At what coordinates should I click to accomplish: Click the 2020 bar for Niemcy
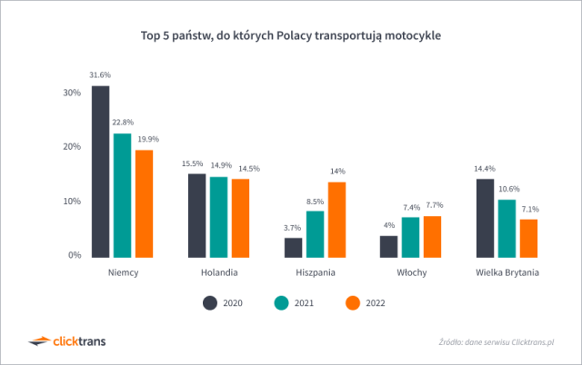pos(100,171)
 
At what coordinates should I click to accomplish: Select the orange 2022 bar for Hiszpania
pos(336,219)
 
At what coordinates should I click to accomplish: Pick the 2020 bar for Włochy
pos(388,245)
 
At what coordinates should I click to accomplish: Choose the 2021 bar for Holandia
pos(218,216)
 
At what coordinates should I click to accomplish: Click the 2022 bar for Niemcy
pos(144,202)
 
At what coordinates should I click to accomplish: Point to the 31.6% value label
pos(100,74)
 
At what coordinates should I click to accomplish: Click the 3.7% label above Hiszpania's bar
pos(293,227)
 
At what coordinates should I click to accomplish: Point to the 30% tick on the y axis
pos(72,93)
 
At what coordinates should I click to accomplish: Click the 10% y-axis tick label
pos(72,202)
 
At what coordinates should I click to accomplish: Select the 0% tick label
pos(75,255)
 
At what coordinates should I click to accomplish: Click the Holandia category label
pos(218,271)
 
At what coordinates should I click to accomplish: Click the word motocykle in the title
pos(411,37)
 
